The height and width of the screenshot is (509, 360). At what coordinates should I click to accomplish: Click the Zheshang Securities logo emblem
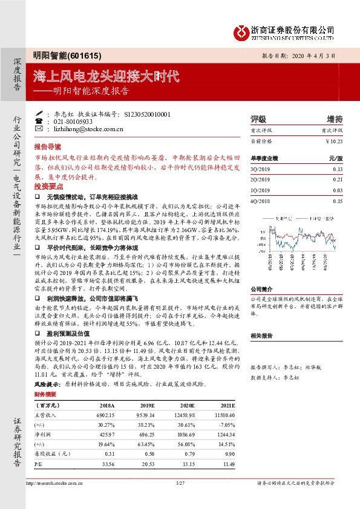[x=242, y=30]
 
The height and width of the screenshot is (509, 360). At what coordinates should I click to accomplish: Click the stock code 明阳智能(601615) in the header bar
[x=59, y=54]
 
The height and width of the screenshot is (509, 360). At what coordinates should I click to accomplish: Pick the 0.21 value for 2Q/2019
[x=338, y=180]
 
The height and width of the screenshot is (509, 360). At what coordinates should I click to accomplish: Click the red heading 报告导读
[x=48, y=146]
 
